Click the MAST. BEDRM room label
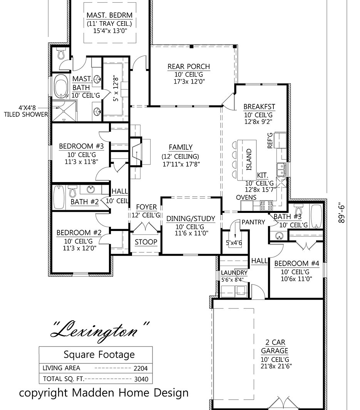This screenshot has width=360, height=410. coord(110,15)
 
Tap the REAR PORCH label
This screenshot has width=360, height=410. coord(189,67)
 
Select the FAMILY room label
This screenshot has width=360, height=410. coord(181,147)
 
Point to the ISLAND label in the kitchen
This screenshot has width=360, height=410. coord(249,159)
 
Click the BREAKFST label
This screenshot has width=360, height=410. coord(259,107)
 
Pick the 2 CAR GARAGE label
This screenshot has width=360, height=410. coord(275,346)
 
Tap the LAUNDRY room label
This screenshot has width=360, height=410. coord(234,273)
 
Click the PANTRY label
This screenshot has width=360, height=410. coord(253,222)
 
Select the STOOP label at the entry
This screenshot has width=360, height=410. coord(146,242)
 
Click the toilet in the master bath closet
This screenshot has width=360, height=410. coord(61,54)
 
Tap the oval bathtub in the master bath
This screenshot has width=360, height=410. coord(61,86)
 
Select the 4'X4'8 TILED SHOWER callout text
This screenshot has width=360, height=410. coord(26,111)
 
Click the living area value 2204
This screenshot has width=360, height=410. coord(141,368)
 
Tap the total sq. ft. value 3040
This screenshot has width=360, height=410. coord(141,379)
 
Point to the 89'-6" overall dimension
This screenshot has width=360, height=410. coord(342,213)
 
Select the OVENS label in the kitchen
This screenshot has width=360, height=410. coord(246,197)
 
